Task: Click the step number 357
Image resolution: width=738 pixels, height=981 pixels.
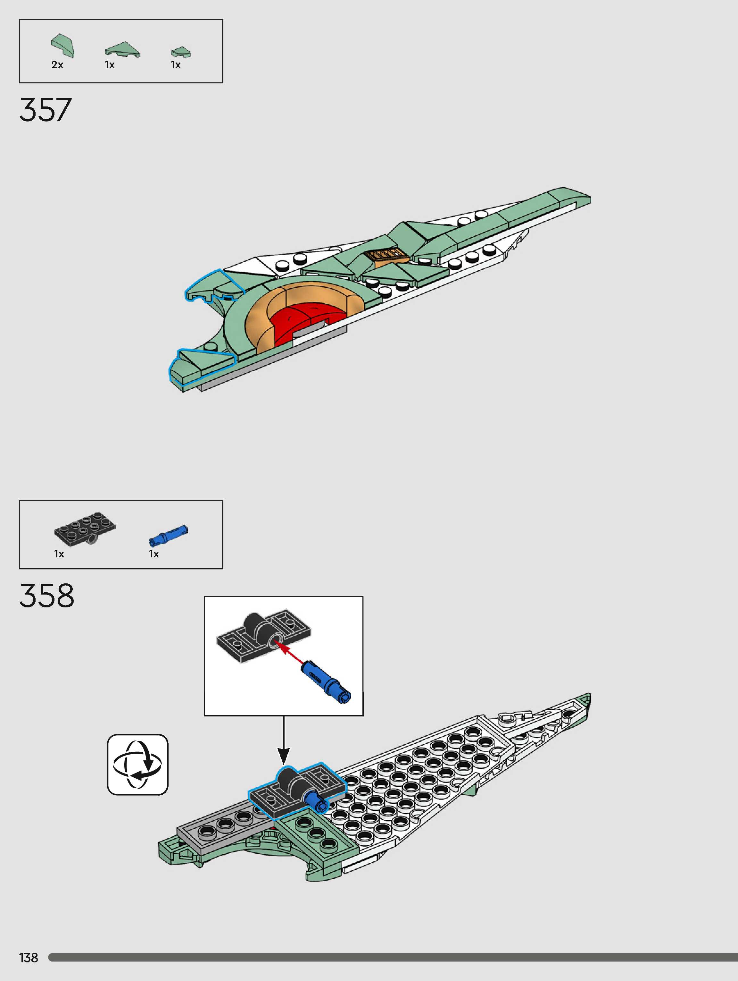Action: pos(45,110)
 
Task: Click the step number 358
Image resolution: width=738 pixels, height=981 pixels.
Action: pos(46,595)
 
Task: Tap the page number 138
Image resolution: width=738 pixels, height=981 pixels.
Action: pos(29,958)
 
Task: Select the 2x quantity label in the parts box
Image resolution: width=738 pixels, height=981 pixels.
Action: pos(57,65)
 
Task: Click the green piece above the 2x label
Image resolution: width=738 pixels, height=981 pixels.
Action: pos(63,46)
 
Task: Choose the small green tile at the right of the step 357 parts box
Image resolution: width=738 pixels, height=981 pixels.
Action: pos(181,52)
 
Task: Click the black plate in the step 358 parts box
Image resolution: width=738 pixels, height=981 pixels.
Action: pos(85,528)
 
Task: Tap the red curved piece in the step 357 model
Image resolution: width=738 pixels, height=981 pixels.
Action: pos(302,319)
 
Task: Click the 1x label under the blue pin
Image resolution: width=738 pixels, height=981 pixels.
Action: pos(154,554)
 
